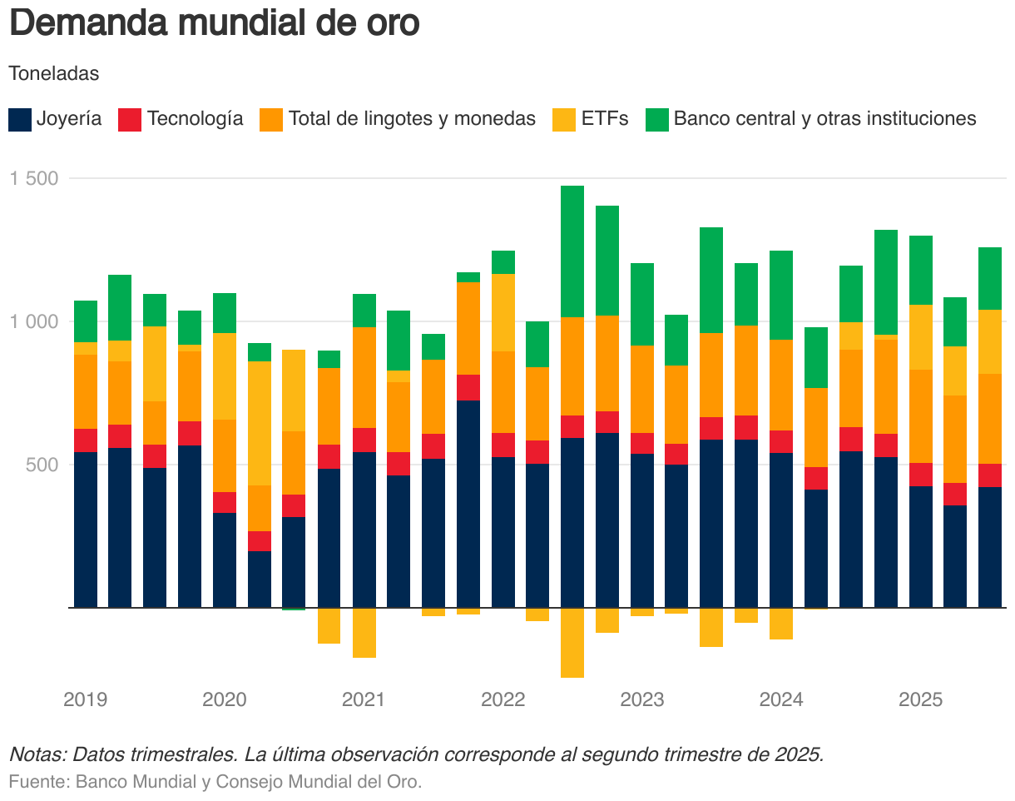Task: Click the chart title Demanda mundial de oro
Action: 214,23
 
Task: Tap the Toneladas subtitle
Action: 54,73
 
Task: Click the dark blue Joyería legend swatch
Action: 20,119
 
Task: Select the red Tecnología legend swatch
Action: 131,119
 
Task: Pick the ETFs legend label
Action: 605,119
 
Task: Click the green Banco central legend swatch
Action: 657,119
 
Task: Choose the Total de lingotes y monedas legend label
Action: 412,119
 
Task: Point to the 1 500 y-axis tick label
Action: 33,178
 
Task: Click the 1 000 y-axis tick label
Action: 33,321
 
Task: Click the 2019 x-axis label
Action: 86,699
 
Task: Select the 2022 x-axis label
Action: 503,699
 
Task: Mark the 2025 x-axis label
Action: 920,699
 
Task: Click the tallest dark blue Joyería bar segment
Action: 468,504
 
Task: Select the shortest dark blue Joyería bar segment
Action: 260,579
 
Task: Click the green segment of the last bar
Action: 990,278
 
